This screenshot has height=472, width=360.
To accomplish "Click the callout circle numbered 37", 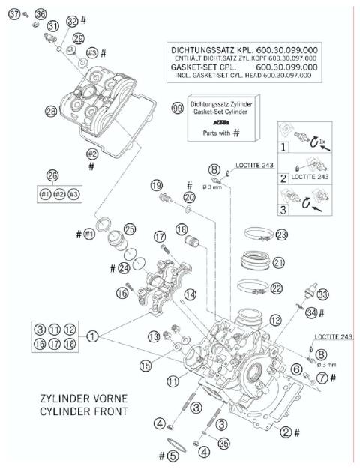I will click(13, 13).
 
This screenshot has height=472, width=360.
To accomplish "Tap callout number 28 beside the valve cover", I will click(30, 111).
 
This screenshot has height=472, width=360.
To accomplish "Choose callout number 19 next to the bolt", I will click(156, 185).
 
